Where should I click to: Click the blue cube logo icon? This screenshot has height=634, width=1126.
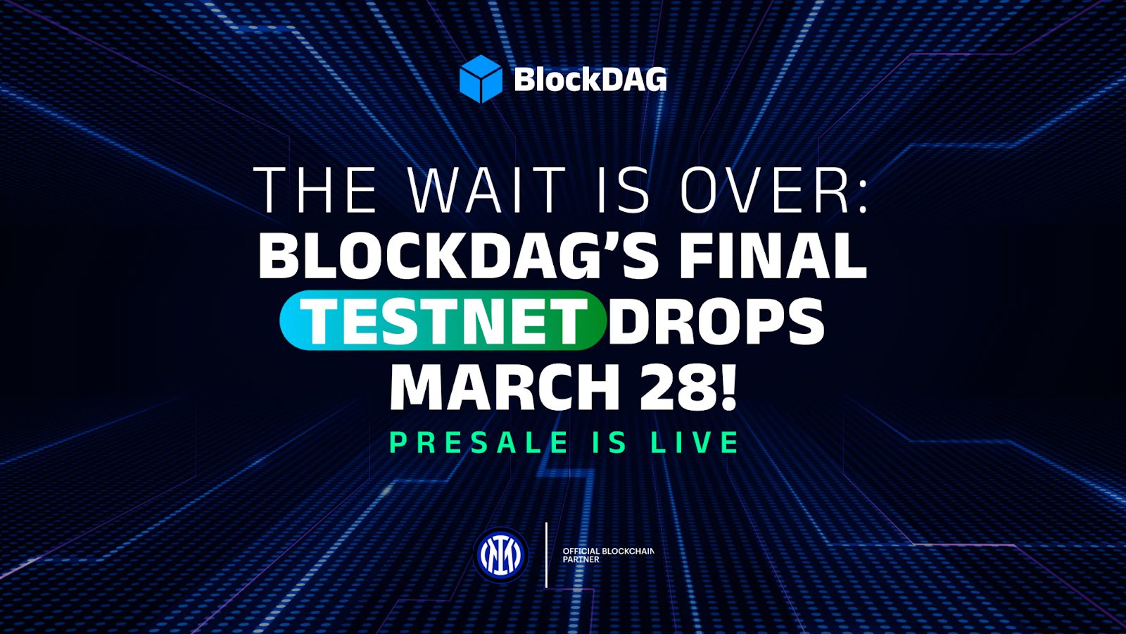pos(481,79)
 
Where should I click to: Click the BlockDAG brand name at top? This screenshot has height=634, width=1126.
pos(590,80)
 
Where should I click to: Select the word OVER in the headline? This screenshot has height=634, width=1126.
pos(766,190)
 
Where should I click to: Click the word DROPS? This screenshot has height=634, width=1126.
pos(716,321)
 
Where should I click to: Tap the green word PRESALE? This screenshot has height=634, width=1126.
pos(479,443)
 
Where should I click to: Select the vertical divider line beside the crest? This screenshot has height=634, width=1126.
pos(547,555)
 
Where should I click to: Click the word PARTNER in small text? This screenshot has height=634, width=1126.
pos(581,560)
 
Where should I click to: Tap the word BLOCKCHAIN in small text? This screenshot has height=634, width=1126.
pos(628,551)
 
